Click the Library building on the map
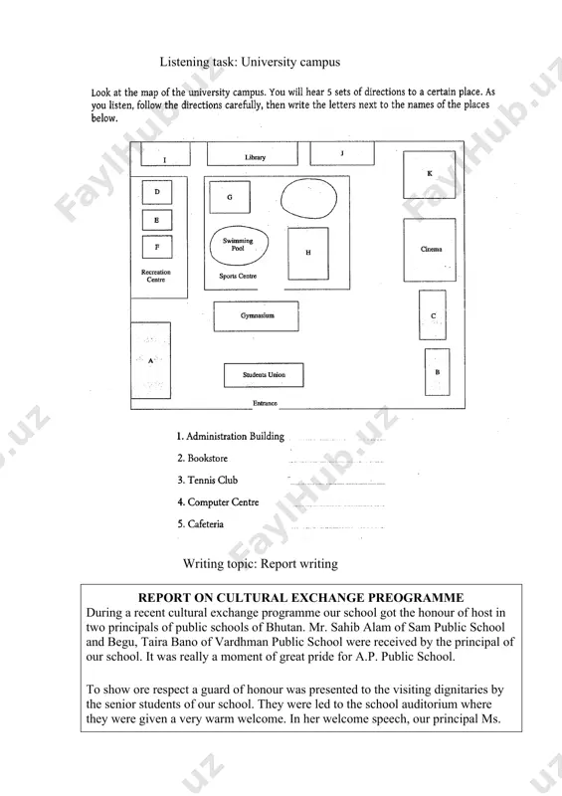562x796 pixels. [x=253, y=153]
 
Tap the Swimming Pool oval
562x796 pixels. [x=239, y=245]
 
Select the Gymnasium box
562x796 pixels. [x=256, y=315]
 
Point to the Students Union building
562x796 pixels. [x=264, y=375]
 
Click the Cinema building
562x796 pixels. [x=430, y=250]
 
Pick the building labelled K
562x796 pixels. [x=429, y=174]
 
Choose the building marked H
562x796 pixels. [x=308, y=254]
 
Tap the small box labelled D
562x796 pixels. [x=157, y=192]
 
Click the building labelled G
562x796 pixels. [x=230, y=197]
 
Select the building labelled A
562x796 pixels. [x=151, y=360]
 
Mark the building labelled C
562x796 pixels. [x=433, y=315]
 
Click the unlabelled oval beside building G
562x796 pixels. [x=308, y=198]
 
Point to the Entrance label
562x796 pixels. [x=265, y=403]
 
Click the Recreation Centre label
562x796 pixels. [x=156, y=276]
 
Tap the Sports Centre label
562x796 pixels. [x=238, y=277]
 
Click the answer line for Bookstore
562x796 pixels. [x=336, y=462]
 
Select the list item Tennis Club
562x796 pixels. [x=207, y=480]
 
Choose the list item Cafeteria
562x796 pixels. [x=200, y=524]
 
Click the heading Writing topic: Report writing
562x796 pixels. [x=261, y=563]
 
